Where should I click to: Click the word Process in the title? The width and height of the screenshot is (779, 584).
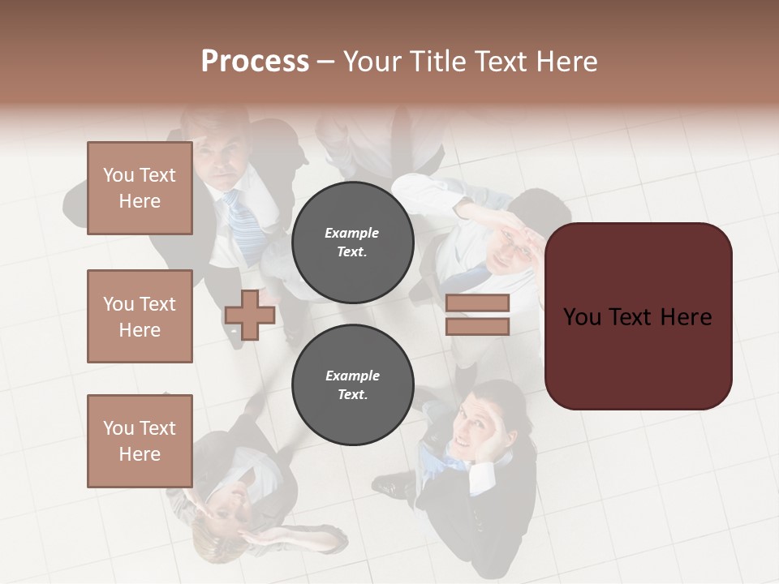pos(255,62)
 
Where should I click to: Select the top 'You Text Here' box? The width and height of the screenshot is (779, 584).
pos(140,188)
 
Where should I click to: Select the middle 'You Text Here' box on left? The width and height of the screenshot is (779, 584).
pos(140,316)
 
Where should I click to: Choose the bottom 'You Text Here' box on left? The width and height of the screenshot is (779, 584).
pos(140,440)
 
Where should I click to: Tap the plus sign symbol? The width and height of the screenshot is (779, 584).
pos(250,315)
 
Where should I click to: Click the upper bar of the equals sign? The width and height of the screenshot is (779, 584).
pos(477,303)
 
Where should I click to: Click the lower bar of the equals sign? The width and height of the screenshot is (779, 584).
pos(477,326)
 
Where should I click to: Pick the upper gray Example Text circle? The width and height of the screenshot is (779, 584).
pos(352,242)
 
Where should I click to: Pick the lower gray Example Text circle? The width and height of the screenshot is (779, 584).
pos(352,384)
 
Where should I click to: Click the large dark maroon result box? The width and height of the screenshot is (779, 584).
pos(638,316)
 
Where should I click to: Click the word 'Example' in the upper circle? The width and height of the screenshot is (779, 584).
pos(351,233)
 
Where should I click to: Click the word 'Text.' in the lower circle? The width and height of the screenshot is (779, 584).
pos(352,394)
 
